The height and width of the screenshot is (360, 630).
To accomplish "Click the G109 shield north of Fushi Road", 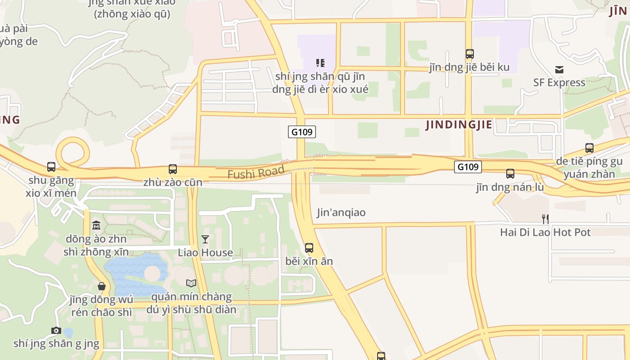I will pyautogui.click(x=302, y=132).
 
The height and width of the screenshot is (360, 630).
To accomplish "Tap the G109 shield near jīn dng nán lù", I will pyautogui.click(x=468, y=167).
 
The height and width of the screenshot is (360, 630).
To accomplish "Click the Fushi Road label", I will pyautogui.click(x=256, y=172).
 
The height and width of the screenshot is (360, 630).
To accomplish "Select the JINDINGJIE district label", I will pyautogui.click(x=459, y=125).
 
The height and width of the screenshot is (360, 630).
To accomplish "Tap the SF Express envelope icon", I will pyautogui.click(x=559, y=70).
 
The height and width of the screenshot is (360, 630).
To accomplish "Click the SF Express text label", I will pyautogui.click(x=559, y=83).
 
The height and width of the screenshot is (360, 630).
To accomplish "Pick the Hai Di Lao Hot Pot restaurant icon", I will pyautogui.click(x=545, y=219).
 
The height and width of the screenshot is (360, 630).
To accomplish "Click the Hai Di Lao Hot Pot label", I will pyautogui.click(x=545, y=232).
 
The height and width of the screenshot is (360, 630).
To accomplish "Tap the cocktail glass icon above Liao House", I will pyautogui.click(x=205, y=239).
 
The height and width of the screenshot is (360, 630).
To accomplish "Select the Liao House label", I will pyautogui.click(x=205, y=252).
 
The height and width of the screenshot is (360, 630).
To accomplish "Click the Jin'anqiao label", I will pyautogui.click(x=341, y=212).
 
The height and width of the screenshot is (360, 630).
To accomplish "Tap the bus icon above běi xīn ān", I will pyautogui.click(x=309, y=248).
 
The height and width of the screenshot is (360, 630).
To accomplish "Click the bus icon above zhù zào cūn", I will pyautogui.click(x=173, y=169).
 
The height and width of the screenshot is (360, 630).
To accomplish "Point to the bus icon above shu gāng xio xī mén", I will pyautogui.click(x=51, y=167).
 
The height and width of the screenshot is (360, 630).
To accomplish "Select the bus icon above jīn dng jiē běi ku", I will pyautogui.click(x=470, y=54).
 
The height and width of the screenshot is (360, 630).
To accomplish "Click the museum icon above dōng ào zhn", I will pyautogui.click(x=96, y=225).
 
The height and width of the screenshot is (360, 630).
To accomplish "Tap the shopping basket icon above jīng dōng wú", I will pyautogui.click(x=102, y=286).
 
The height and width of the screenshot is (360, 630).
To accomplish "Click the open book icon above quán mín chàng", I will pyautogui.click(x=191, y=283).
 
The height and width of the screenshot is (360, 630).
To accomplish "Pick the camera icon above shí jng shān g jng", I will pyautogui.click(x=56, y=331).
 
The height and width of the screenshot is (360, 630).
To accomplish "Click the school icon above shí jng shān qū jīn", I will pyautogui.click(x=320, y=63).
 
